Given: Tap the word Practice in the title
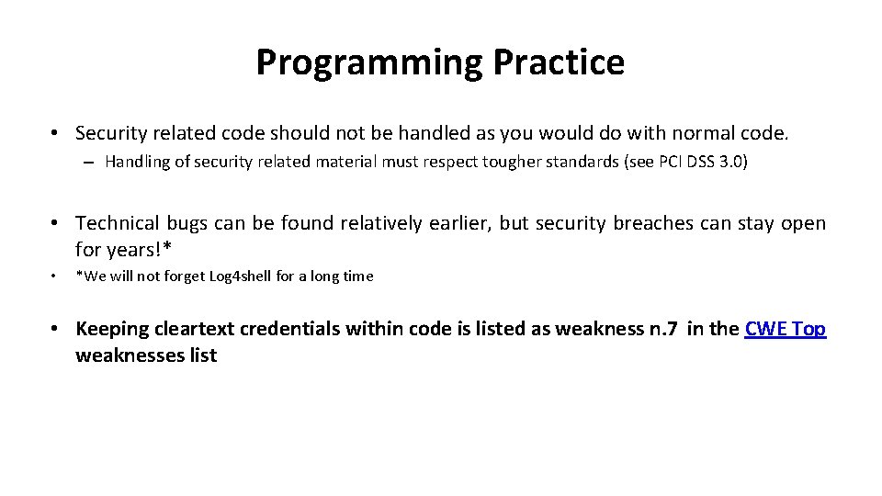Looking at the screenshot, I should click(x=559, y=62).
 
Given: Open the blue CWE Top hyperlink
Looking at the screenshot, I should click(x=786, y=329).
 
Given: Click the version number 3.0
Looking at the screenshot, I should click(x=732, y=163).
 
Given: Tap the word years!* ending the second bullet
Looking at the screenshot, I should click(x=139, y=249).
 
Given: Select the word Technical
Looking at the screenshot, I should click(x=117, y=223).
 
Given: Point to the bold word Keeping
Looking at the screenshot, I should click(x=111, y=329).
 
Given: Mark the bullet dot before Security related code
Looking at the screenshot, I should click(x=57, y=134).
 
